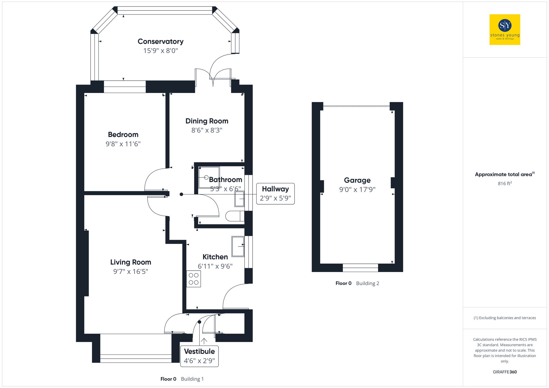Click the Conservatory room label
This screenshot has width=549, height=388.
(161, 41)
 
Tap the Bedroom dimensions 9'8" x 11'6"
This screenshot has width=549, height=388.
(123, 144)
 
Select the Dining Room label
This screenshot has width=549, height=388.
(207, 121)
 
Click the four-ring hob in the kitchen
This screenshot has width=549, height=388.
(194, 279)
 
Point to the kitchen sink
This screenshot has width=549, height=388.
(238, 246)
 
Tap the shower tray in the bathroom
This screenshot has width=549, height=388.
(209, 177)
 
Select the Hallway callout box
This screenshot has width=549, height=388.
(275, 194)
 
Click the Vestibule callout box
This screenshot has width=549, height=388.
(199, 356)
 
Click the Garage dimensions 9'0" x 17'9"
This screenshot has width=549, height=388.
(357, 189)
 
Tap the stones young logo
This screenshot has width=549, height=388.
(505, 30)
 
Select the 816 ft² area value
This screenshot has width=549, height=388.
(505, 183)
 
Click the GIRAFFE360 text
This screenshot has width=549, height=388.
(505, 372)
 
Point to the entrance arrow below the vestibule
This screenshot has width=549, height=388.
(204, 341)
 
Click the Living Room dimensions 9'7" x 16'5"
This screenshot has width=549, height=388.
(131, 271)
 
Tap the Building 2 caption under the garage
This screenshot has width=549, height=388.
(368, 283)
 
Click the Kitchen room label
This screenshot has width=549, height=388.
(215, 257)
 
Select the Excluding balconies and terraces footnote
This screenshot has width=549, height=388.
(505, 318)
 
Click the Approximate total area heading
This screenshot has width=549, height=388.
(504, 174)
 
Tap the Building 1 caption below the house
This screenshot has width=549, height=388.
(192, 379)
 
